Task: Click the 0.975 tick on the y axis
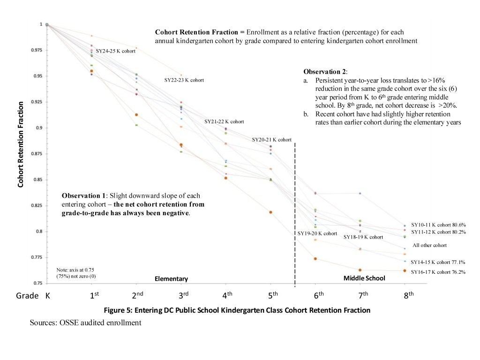tap(38, 50)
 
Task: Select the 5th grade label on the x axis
tap(272, 295)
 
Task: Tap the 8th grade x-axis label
tap(409, 295)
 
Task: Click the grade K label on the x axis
tap(47, 296)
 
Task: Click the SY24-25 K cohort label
tap(115, 51)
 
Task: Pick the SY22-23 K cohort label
tap(184, 80)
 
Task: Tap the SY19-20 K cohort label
tap(317, 233)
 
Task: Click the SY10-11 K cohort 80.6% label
tap(438, 225)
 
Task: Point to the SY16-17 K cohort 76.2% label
tap(438, 272)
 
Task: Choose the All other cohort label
tap(429, 245)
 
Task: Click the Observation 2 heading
tap(326, 71)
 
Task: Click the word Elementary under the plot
tap(171, 279)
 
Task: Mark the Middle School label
tap(364, 278)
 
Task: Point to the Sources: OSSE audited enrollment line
tap(85, 322)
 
